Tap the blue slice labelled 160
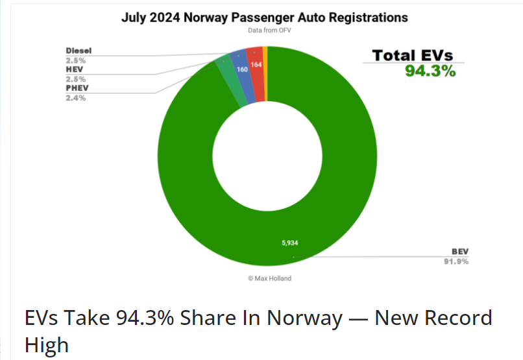point(241,69)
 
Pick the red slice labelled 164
point(256,65)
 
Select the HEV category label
point(75,69)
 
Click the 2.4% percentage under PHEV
point(76,98)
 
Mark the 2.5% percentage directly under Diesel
point(76,60)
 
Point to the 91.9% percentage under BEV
point(456,261)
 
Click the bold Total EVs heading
point(413,56)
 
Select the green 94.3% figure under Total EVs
point(430,71)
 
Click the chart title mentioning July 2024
point(265,18)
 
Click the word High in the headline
point(47,344)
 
